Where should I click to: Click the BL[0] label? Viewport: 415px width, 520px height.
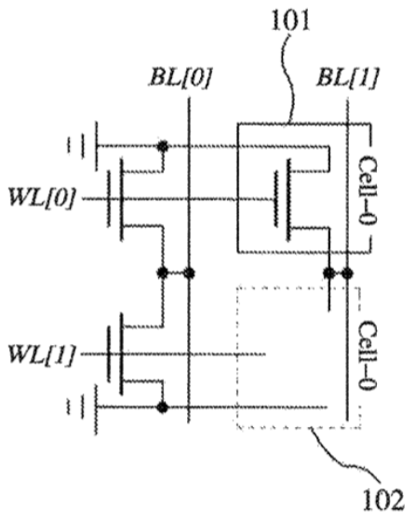click(181, 78)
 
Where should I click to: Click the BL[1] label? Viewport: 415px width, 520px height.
click(347, 78)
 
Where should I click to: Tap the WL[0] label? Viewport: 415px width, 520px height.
click(42, 199)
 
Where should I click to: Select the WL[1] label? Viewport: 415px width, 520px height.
click(42, 354)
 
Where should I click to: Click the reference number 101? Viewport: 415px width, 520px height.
click(290, 20)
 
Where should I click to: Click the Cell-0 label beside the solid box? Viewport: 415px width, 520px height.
click(368, 190)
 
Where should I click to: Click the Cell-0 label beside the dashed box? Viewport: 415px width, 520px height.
click(368, 355)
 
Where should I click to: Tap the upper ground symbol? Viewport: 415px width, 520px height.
click(83, 146)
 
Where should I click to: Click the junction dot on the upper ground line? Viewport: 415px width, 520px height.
click(162, 146)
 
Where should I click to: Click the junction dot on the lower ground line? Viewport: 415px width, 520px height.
click(162, 407)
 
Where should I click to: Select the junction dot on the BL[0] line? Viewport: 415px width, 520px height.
click(189, 273)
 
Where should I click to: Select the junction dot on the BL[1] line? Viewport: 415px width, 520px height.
click(347, 273)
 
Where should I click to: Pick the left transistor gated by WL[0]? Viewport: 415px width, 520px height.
click(135, 199)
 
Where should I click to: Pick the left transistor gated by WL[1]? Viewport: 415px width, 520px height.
click(135, 354)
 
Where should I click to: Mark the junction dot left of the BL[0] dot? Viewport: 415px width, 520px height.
click(162, 273)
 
